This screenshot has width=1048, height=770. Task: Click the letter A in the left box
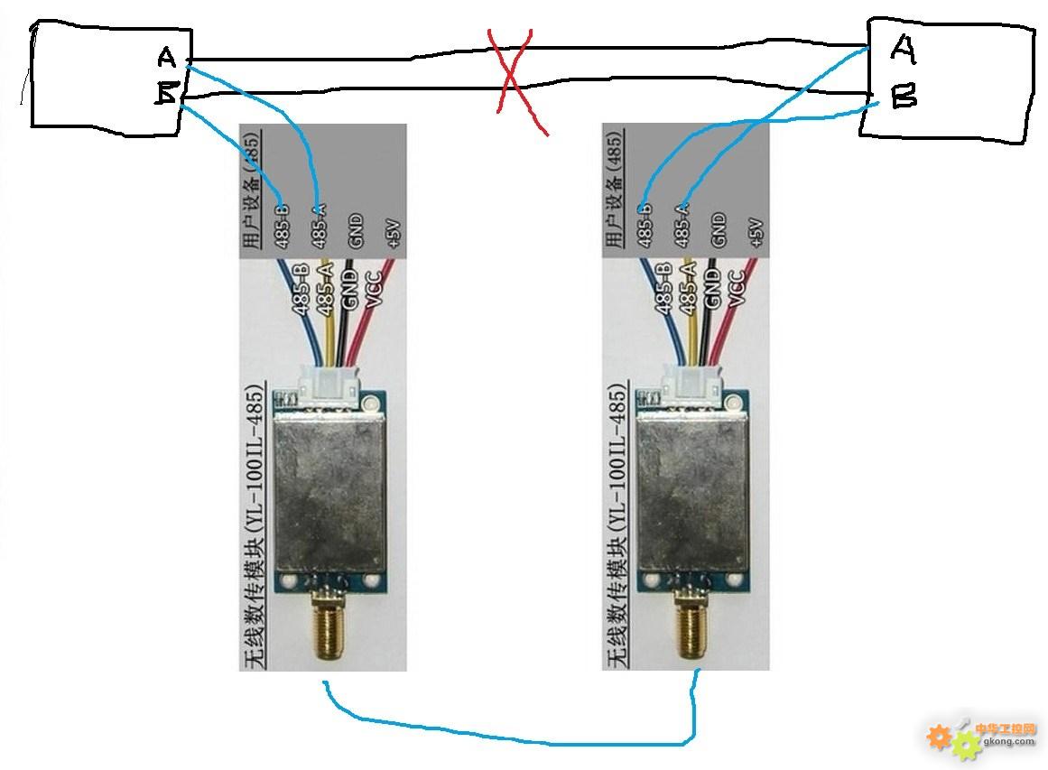166,58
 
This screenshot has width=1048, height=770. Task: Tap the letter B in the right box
904,96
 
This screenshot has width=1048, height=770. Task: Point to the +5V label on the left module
391,233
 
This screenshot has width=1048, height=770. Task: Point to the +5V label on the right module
755,233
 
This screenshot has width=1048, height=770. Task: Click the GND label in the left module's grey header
356,231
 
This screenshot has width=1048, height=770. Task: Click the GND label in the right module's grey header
719,231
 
